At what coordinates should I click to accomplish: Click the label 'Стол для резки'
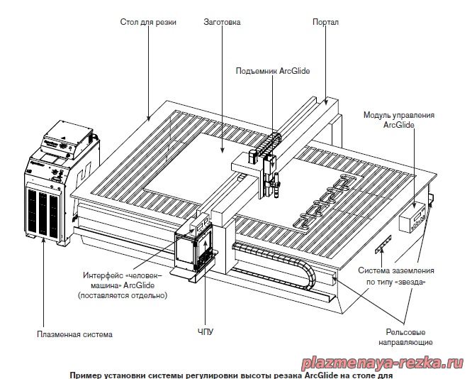(148, 22)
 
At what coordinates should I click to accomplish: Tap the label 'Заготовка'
(222, 22)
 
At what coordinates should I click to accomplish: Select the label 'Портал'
(325, 22)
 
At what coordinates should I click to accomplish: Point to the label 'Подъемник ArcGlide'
(273, 71)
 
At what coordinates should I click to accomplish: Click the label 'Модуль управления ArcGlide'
(399, 119)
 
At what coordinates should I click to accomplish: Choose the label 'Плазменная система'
(74, 334)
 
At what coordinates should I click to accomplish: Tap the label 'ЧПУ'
(205, 331)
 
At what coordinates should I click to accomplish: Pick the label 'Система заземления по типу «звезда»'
(395, 276)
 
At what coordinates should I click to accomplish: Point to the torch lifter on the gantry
(267, 167)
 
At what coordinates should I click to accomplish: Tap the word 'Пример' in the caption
(85, 375)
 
